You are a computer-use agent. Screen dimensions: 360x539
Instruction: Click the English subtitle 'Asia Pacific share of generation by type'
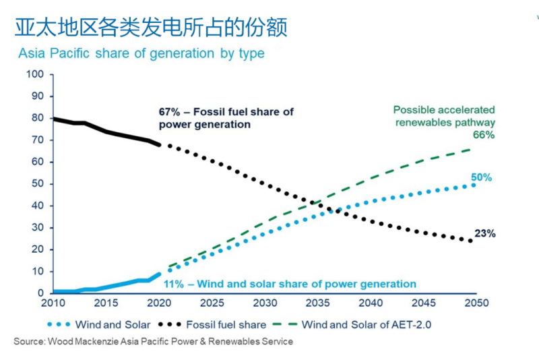point(141,53)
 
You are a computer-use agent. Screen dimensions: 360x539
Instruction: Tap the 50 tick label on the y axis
point(38,183)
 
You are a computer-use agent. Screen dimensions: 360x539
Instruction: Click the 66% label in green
point(484,135)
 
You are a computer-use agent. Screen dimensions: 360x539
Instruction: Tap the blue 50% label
point(481,177)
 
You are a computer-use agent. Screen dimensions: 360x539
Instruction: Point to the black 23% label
point(485,234)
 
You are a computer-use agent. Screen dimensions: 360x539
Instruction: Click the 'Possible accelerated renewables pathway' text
point(444,116)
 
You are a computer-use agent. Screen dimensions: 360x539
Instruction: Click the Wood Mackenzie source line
point(154,342)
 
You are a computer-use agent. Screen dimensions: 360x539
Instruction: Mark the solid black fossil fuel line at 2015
point(106,131)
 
